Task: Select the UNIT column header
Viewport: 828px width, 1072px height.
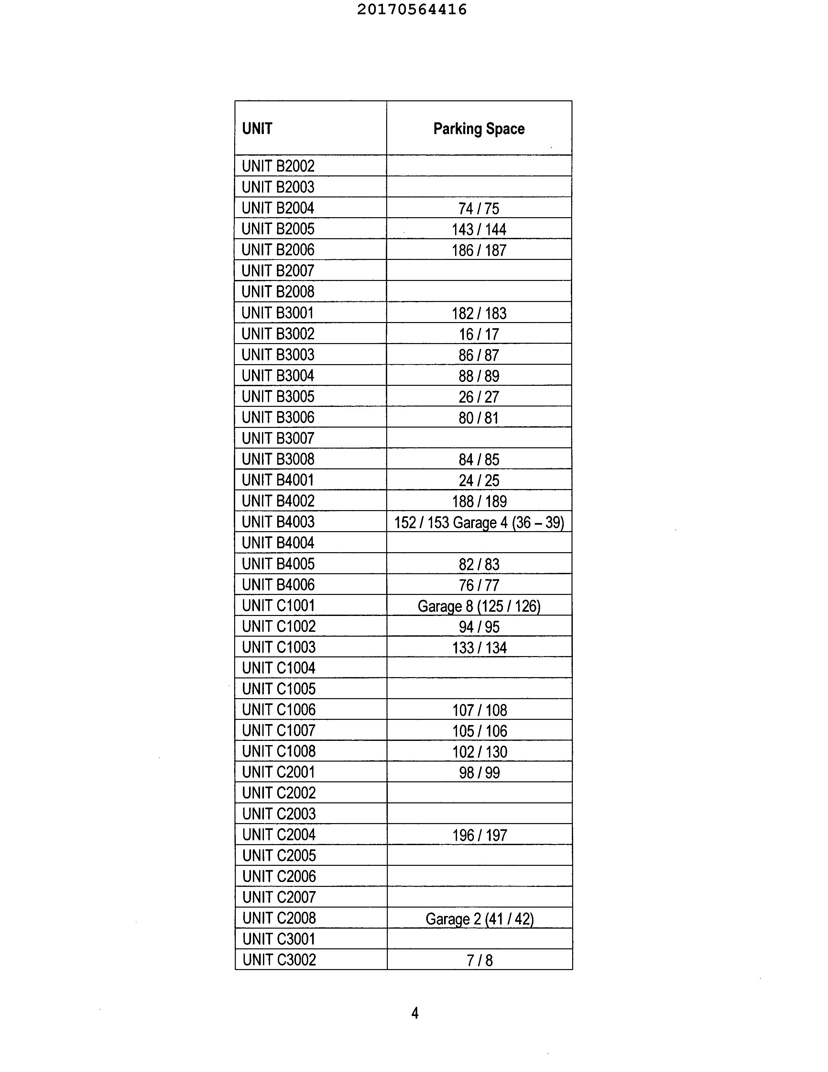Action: (x=257, y=128)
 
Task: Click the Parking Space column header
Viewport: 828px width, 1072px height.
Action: (x=479, y=128)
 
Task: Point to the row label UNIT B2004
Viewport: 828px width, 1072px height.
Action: (x=278, y=208)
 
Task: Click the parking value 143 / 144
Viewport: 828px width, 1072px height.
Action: (x=479, y=229)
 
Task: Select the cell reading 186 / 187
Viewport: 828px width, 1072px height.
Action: (x=479, y=250)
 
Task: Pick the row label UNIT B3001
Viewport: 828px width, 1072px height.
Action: (x=278, y=313)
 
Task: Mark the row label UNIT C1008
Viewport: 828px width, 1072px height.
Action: (x=278, y=751)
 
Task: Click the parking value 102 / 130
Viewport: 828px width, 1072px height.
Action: (x=479, y=752)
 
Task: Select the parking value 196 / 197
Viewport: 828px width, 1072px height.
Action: (x=479, y=835)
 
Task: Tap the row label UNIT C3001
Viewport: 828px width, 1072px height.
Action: (x=278, y=939)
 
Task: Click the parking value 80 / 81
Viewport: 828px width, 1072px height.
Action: (x=479, y=418)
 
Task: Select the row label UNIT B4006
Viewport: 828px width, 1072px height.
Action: (x=278, y=585)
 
